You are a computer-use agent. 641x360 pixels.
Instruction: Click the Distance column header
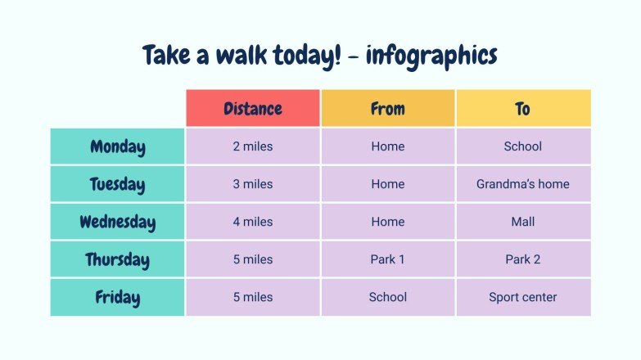(x=252, y=109)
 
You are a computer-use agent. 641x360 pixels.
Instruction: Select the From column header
(x=387, y=109)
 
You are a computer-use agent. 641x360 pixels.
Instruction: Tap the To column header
(x=523, y=109)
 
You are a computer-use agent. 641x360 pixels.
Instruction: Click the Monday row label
(x=118, y=147)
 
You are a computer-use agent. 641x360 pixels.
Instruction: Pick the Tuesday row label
(x=118, y=185)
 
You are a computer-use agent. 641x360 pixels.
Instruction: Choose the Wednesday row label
(x=118, y=223)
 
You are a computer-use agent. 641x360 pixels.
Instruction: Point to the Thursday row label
(x=118, y=260)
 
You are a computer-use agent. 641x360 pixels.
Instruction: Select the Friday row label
(x=118, y=298)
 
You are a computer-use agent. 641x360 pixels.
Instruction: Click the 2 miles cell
(x=252, y=147)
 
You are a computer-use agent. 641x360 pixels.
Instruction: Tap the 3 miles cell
(x=252, y=185)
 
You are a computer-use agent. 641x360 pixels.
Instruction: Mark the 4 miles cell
(x=252, y=223)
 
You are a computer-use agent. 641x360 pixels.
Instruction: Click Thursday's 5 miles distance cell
(x=252, y=260)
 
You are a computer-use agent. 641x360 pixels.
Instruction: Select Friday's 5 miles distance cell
(x=252, y=298)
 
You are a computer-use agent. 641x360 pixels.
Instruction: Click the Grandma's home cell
(x=523, y=185)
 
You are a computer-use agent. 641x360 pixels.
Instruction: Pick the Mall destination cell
(x=523, y=223)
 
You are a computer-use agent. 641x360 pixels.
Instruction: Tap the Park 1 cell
(x=387, y=260)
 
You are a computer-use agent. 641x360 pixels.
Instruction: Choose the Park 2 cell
(x=523, y=260)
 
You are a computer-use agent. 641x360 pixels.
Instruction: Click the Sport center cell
(x=523, y=298)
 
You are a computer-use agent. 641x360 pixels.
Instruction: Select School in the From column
(x=387, y=298)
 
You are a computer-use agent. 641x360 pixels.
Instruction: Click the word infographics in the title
(x=431, y=56)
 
